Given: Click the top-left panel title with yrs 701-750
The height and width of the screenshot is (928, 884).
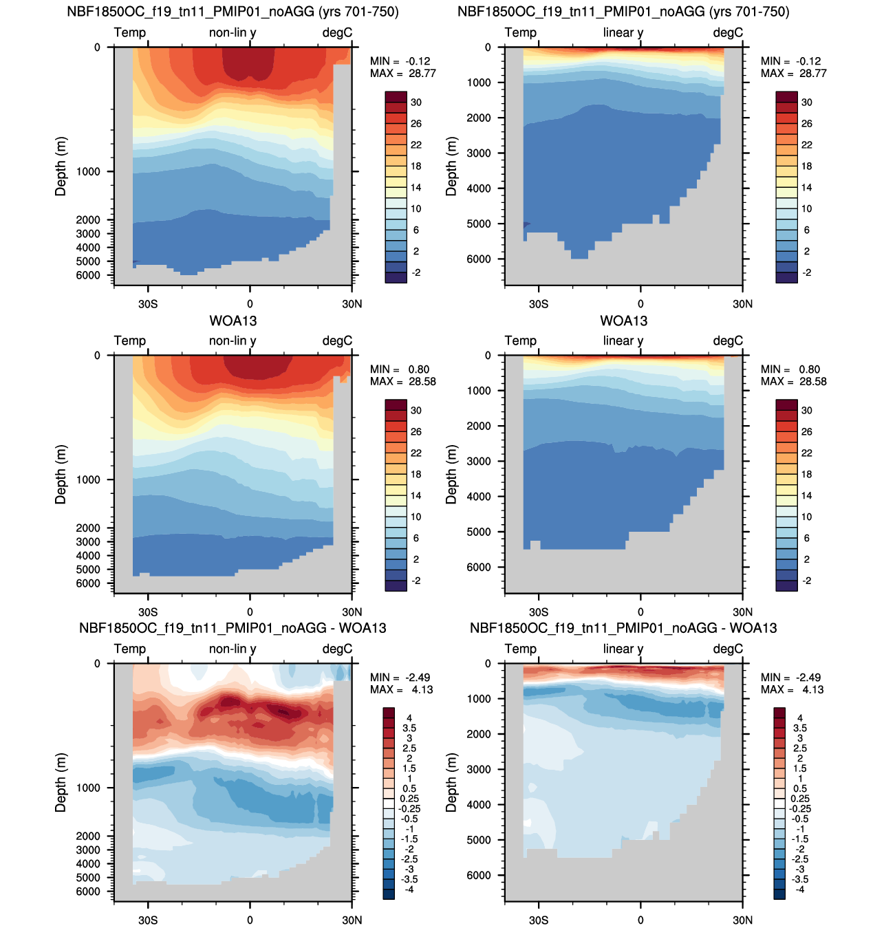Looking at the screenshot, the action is tap(233, 11).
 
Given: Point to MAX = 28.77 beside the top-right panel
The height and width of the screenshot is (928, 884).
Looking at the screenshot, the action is tap(793, 73).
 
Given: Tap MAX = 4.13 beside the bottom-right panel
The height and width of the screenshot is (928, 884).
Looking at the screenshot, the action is tap(792, 689).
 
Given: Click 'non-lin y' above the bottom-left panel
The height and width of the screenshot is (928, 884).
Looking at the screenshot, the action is tap(233, 649).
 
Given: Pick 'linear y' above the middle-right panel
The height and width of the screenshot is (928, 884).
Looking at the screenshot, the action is tap(623, 341).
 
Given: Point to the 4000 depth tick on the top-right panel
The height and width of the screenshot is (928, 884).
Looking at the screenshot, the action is tap(478, 188).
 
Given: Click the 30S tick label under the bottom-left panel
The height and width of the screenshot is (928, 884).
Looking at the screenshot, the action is tap(148, 920).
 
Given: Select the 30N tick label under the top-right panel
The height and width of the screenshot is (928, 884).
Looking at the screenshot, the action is tap(742, 304).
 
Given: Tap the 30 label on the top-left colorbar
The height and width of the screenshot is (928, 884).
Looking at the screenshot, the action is tap(416, 102).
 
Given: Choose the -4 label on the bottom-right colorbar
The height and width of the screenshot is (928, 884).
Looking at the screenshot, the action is tap(800, 889).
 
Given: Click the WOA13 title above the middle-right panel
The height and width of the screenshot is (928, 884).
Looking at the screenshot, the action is tap(623, 321).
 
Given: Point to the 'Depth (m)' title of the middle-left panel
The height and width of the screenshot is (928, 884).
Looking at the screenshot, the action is tap(61, 474).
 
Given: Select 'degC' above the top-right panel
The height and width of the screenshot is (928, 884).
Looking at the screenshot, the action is tap(728, 32).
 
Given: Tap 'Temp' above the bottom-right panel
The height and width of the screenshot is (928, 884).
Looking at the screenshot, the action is tap(520, 649).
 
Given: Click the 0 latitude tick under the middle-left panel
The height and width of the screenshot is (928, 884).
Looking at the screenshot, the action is tap(250, 612).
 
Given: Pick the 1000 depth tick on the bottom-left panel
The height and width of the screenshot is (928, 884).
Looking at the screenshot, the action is tap(88, 788).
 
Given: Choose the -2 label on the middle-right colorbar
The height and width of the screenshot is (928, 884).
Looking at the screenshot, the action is tap(806, 581).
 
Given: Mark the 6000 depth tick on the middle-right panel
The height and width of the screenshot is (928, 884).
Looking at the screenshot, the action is tap(478, 568).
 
